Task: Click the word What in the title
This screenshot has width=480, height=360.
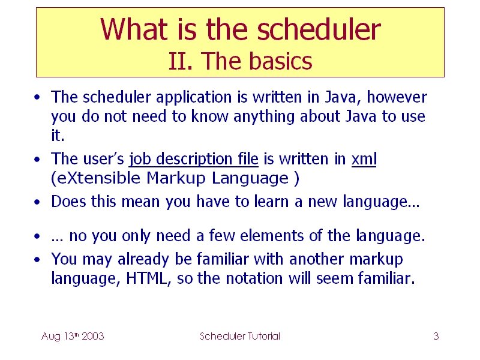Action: coord(134,29)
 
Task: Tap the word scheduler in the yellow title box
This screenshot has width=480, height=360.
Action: coord(319,29)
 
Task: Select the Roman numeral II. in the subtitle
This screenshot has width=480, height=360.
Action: coord(181,61)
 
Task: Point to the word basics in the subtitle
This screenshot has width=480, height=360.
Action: coord(280,61)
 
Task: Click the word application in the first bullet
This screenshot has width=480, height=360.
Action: coord(194,98)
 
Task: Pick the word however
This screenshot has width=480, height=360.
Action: coord(397,97)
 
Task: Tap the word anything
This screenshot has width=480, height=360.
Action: coord(264,116)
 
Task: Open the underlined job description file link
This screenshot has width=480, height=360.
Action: coord(193,160)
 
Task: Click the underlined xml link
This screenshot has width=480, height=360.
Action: coord(364,159)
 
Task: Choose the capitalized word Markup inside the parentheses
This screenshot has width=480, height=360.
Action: coord(176,178)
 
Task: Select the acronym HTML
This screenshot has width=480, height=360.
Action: coord(146,278)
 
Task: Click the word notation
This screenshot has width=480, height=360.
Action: coord(254,278)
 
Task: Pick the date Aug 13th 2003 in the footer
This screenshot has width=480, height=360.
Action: coord(73,336)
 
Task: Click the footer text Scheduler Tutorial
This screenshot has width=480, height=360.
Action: coord(239,336)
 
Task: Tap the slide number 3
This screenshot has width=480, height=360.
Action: coord(436,336)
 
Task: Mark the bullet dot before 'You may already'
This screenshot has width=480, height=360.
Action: coord(37,260)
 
